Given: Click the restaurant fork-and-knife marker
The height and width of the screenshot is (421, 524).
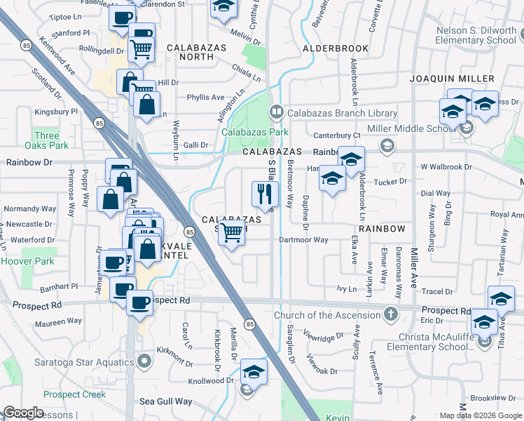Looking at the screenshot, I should click(x=265, y=193).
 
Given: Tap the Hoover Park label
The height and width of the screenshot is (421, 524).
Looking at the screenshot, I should click(x=22, y=260).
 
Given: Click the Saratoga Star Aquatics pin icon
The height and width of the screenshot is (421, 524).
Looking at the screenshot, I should click(x=145, y=361).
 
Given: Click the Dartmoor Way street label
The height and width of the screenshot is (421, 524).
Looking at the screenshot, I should click(x=303, y=240).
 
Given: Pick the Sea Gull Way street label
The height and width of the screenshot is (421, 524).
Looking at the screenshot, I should click(x=165, y=401).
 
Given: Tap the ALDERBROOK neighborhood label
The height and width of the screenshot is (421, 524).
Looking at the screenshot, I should click(x=336, y=48).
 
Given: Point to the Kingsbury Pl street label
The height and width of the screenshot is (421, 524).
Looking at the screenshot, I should click(x=54, y=112).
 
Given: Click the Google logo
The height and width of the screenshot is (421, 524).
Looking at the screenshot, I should click(x=23, y=413).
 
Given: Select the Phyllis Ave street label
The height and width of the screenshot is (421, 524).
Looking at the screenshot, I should click(x=205, y=98).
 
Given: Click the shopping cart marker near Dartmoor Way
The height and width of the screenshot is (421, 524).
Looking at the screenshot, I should click(x=232, y=232).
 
